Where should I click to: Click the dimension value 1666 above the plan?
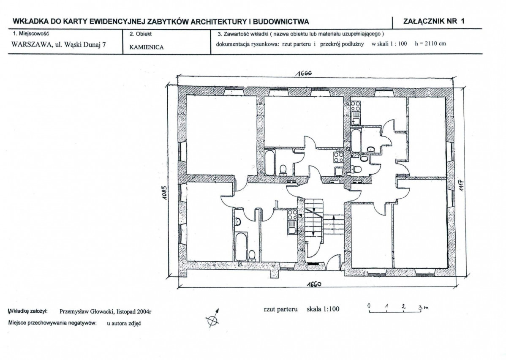click(x=304, y=73)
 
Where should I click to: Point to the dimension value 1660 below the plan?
click(x=314, y=284)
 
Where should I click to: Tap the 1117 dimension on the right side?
click(x=462, y=185)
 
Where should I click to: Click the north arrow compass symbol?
click(x=213, y=318)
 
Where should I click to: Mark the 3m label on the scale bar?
click(x=424, y=307)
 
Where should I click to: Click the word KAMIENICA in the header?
click(x=147, y=47)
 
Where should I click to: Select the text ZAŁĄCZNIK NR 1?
click(x=434, y=21)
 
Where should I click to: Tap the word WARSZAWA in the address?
click(x=32, y=44)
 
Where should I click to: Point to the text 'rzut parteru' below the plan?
click(x=280, y=309)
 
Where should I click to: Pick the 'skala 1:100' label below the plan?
click(x=323, y=309)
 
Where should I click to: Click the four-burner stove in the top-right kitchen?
click(x=356, y=106)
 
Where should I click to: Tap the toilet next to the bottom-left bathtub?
click(x=252, y=255)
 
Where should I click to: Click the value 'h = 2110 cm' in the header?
click(x=430, y=44)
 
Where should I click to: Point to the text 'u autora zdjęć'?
click(x=124, y=323)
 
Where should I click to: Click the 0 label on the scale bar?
click(x=369, y=305)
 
